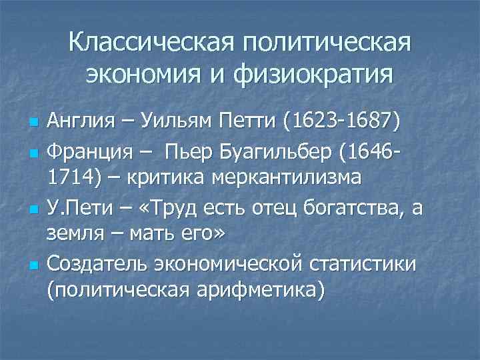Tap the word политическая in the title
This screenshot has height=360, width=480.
tap(328, 43)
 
